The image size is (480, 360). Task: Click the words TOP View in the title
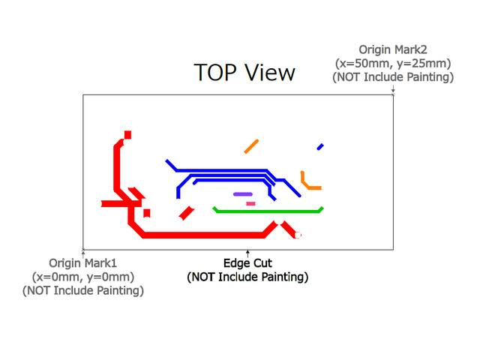tap(244, 73)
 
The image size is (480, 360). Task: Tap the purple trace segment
tap(242, 194)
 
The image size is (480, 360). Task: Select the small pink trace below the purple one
tap(250, 203)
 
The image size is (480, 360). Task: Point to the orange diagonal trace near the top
tap(251, 145)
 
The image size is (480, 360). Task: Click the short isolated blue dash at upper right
tap(320, 146)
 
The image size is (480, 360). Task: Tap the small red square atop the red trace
tap(127, 135)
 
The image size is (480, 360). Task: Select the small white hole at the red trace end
tap(299, 235)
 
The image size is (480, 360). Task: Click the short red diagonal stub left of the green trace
tap(187, 213)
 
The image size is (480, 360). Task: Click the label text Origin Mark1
tap(83, 263)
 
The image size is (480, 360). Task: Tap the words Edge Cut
tap(247, 263)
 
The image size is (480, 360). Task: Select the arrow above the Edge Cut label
tap(247, 253)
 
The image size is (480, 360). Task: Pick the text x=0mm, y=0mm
tap(83, 277)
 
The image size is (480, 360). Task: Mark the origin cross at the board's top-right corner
tap(394, 94)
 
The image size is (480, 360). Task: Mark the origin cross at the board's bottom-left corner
tap(82, 248)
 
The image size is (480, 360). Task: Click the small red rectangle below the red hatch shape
tap(147, 213)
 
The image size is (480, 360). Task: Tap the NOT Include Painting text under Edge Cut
tap(247, 277)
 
